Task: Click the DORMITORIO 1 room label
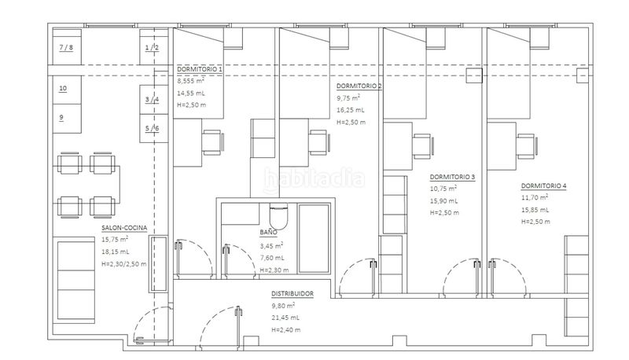(x=200, y=69)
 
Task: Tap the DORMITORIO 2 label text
(x=359, y=86)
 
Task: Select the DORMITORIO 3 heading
(x=453, y=177)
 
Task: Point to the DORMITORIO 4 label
(x=543, y=186)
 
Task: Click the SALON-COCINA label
(x=124, y=228)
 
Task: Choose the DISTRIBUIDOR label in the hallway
(x=292, y=294)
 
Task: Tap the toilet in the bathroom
(x=278, y=215)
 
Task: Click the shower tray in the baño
(x=314, y=239)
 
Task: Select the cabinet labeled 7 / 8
(x=67, y=47)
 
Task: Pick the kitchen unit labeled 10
(x=67, y=90)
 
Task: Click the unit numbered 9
(x=67, y=119)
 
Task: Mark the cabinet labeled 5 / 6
(x=153, y=128)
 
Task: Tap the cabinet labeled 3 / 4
(x=153, y=99)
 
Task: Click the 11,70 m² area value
(x=535, y=197)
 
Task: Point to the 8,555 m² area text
(x=191, y=81)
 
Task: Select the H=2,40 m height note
(x=286, y=330)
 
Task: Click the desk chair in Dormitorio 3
(x=422, y=146)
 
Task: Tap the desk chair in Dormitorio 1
(x=212, y=143)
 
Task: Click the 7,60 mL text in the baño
(x=272, y=258)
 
